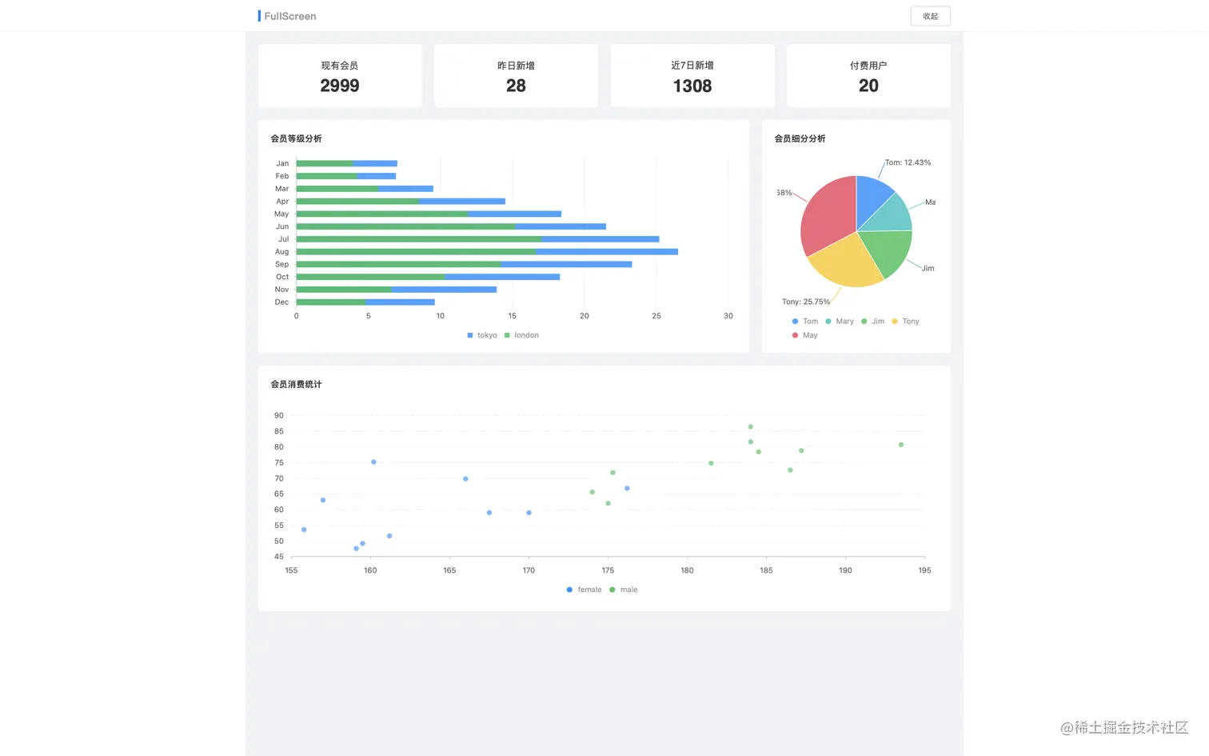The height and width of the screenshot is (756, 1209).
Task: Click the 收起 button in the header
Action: tap(930, 16)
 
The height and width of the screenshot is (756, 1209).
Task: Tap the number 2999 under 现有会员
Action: tap(340, 86)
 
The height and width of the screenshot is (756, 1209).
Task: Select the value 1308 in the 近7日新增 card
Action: tap(692, 86)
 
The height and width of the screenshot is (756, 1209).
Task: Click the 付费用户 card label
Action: tap(868, 66)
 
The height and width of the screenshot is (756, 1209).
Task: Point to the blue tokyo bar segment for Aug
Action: tap(607, 252)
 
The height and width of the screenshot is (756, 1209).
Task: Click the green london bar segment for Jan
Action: tap(324, 163)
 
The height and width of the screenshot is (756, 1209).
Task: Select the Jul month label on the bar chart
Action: tap(283, 239)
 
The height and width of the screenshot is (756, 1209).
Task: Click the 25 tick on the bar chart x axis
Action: tap(656, 316)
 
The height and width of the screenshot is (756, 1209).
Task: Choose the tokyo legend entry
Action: tap(482, 335)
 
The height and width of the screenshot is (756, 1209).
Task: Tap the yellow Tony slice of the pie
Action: tap(847, 260)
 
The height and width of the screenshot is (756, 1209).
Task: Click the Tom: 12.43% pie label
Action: tap(908, 162)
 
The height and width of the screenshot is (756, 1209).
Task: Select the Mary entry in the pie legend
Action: tap(840, 322)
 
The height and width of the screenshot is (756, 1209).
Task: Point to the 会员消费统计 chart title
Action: tap(296, 385)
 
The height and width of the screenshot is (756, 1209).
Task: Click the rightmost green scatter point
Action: tap(901, 445)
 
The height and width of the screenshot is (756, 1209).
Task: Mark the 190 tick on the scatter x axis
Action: tap(845, 570)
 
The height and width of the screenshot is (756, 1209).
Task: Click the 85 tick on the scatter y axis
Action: tap(278, 431)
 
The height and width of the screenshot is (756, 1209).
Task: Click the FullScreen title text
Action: tap(290, 16)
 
